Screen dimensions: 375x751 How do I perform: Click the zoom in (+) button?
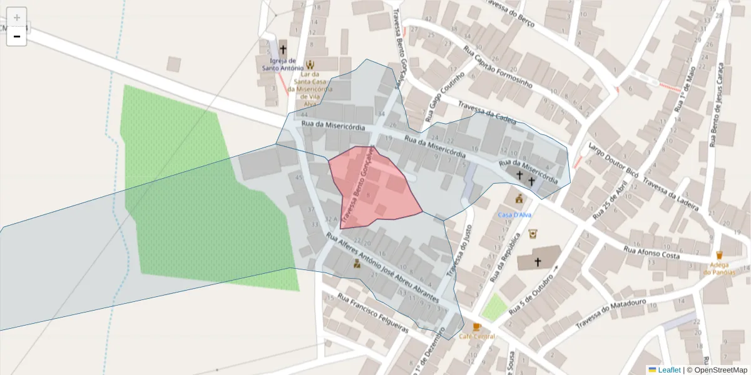tap(17, 17)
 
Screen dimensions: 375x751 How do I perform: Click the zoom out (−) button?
tap(17, 36)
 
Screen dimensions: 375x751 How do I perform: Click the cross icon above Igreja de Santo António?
tap(283, 49)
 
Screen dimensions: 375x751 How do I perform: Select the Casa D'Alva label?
tap(514, 215)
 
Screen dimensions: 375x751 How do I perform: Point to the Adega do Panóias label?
tap(718, 267)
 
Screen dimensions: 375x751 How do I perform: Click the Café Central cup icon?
tap(477, 327)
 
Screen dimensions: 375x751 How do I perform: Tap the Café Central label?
tap(477, 336)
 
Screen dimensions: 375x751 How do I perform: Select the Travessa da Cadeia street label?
tap(487, 112)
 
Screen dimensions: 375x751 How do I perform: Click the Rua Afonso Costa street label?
tap(651, 252)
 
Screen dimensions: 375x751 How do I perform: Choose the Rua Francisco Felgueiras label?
tap(373, 312)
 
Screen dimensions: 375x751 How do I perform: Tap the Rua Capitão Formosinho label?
tap(498, 67)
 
